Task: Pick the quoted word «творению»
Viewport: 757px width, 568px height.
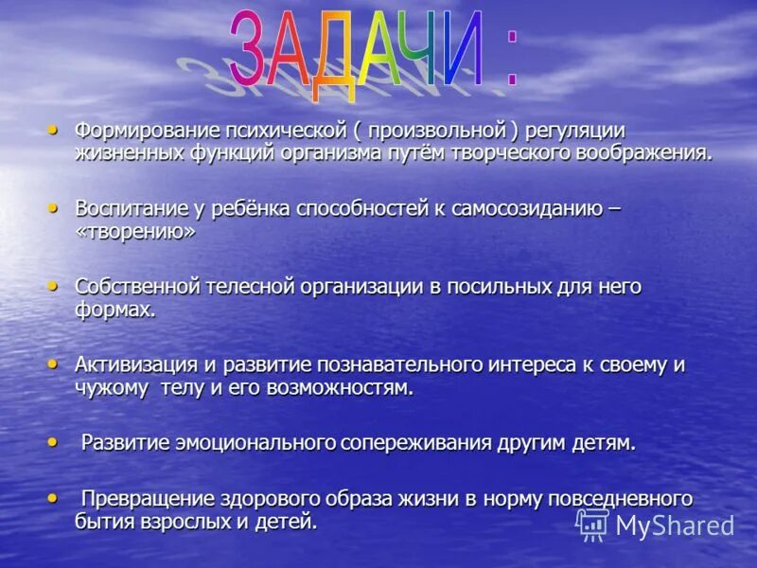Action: (135, 232)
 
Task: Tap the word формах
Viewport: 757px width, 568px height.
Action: (115, 311)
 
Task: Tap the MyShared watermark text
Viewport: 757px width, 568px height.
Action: (675, 525)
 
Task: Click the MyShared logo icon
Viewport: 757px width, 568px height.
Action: (593, 524)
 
